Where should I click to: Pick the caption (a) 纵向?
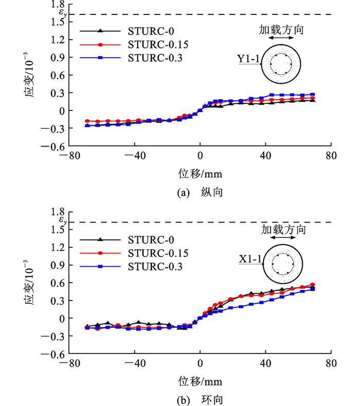[200, 192]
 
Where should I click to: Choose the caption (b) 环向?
[200, 399]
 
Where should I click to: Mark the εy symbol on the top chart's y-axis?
[49, 14]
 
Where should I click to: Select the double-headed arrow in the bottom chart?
[283, 238]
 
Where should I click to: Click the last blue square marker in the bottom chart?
[313, 289]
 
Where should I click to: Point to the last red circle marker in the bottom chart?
[313, 285]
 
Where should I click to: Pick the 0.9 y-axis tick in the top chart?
[50, 58]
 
